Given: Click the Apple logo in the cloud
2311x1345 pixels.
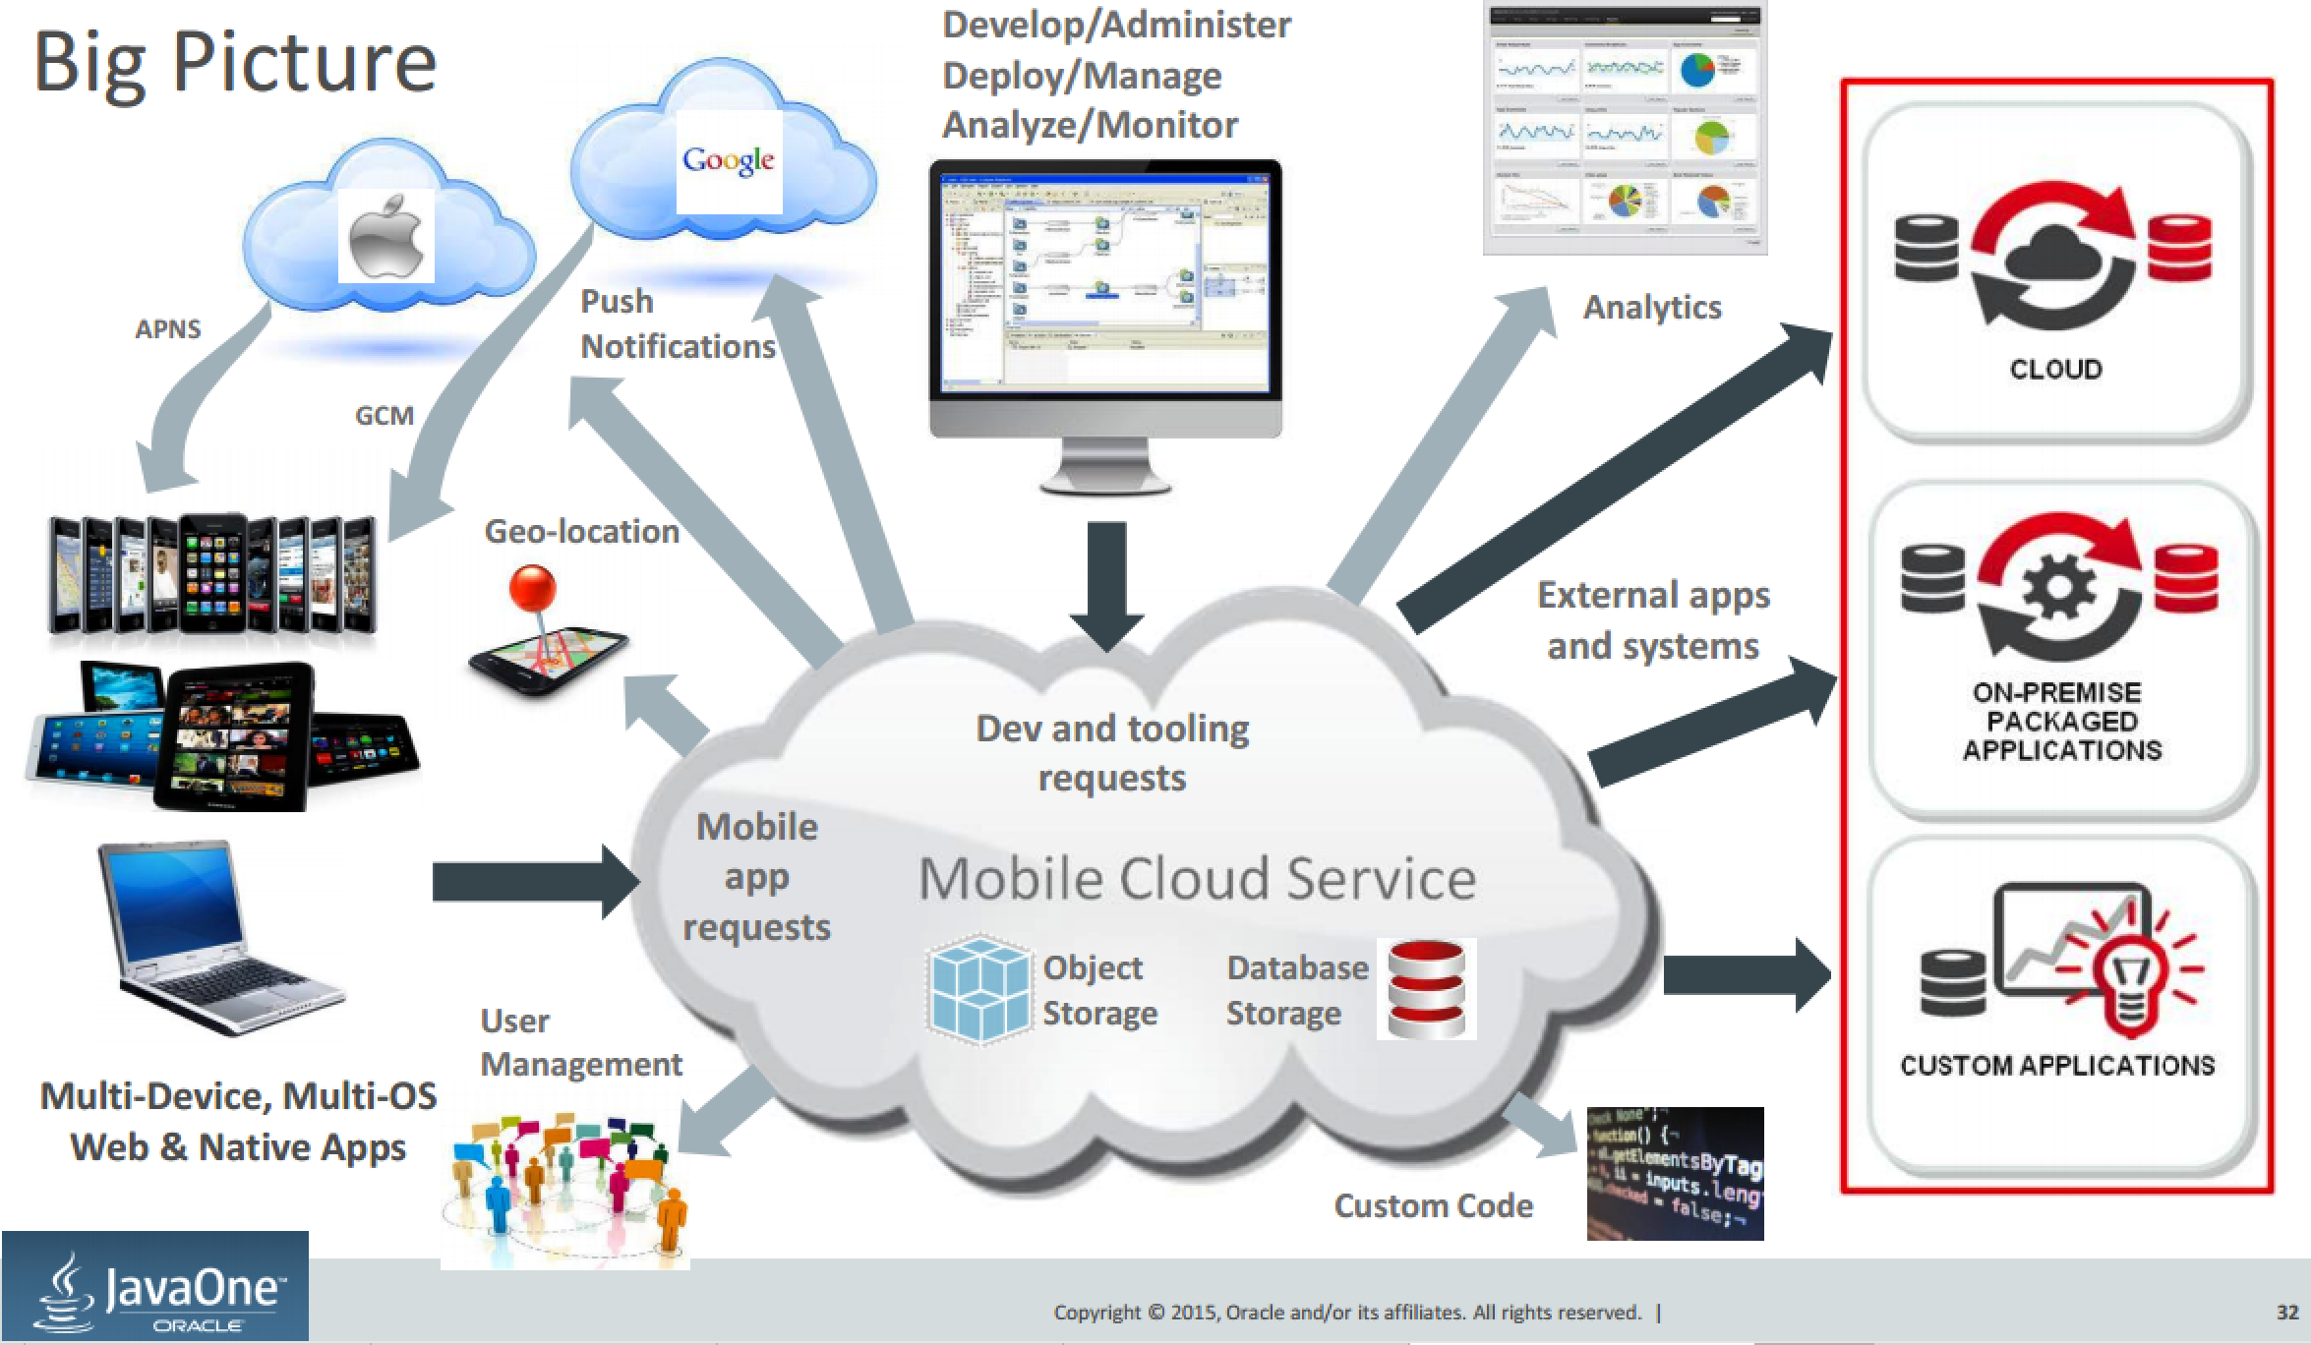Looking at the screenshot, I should point(386,236).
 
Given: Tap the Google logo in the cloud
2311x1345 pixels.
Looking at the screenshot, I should point(729,161).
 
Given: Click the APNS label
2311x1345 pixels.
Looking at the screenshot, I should point(167,328).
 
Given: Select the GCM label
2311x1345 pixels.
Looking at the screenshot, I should point(384,415).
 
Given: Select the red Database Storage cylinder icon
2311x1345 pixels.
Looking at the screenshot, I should point(1425,988).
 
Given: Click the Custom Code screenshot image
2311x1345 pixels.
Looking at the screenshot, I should point(1675,1173).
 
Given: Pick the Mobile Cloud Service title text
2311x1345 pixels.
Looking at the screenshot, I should point(1197,878).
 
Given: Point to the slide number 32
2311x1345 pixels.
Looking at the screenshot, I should point(2286,1312).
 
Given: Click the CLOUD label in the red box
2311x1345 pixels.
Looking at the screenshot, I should point(2056,369).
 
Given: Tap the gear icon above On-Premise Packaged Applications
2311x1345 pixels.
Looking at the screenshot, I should point(2058,588).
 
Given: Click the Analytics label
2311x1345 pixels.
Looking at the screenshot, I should point(1652,307).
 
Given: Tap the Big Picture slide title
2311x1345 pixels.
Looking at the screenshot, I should point(235,63).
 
